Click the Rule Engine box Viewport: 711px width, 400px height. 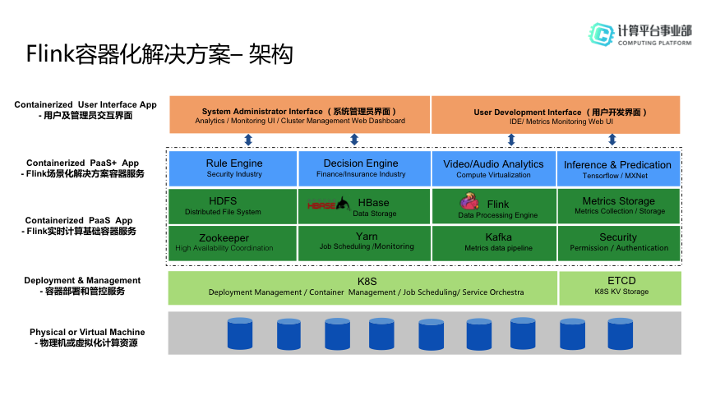[233, 168]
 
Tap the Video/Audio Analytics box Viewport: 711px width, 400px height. [494, 168]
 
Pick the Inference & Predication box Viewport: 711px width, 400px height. [618, 168]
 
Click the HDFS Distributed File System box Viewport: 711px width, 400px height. [233, 206]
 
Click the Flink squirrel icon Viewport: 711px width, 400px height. [469, 200]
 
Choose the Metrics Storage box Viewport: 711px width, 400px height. [618, 206]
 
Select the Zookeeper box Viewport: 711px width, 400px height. [233, 243]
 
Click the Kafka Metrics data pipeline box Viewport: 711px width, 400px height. [494, 243]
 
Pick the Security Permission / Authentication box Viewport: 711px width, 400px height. [618, 243]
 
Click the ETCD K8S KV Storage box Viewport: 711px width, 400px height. [621, 288]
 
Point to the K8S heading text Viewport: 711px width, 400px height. [367, 281]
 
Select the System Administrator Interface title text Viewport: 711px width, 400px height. [299, 112]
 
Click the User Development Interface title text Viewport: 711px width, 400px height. [561, 113]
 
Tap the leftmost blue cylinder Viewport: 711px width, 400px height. [240, 333]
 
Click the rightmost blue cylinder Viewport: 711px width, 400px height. [621, 333]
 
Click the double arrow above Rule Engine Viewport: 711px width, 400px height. [248, 140]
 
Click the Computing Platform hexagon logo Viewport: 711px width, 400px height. [601, 34]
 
